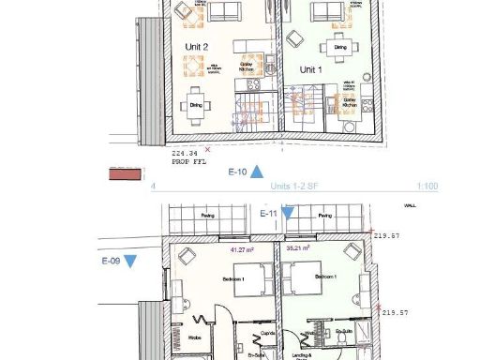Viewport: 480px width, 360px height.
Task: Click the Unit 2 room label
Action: click(197, 46)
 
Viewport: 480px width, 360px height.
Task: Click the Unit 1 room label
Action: click(310, 70)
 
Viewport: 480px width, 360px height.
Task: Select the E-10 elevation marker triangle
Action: click(256, 172)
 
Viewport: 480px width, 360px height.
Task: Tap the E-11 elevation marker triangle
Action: click(288, 215)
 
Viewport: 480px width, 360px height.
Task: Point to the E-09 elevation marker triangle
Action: click(130, 261)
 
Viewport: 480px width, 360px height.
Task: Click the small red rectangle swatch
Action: click(123, 174)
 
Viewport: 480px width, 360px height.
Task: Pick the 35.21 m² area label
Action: click(299, 249)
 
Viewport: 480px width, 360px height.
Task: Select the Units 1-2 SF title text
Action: click(293, 187)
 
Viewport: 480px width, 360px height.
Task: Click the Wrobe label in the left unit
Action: click(196, 337)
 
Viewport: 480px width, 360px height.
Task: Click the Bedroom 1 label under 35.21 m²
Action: click(324, 278)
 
